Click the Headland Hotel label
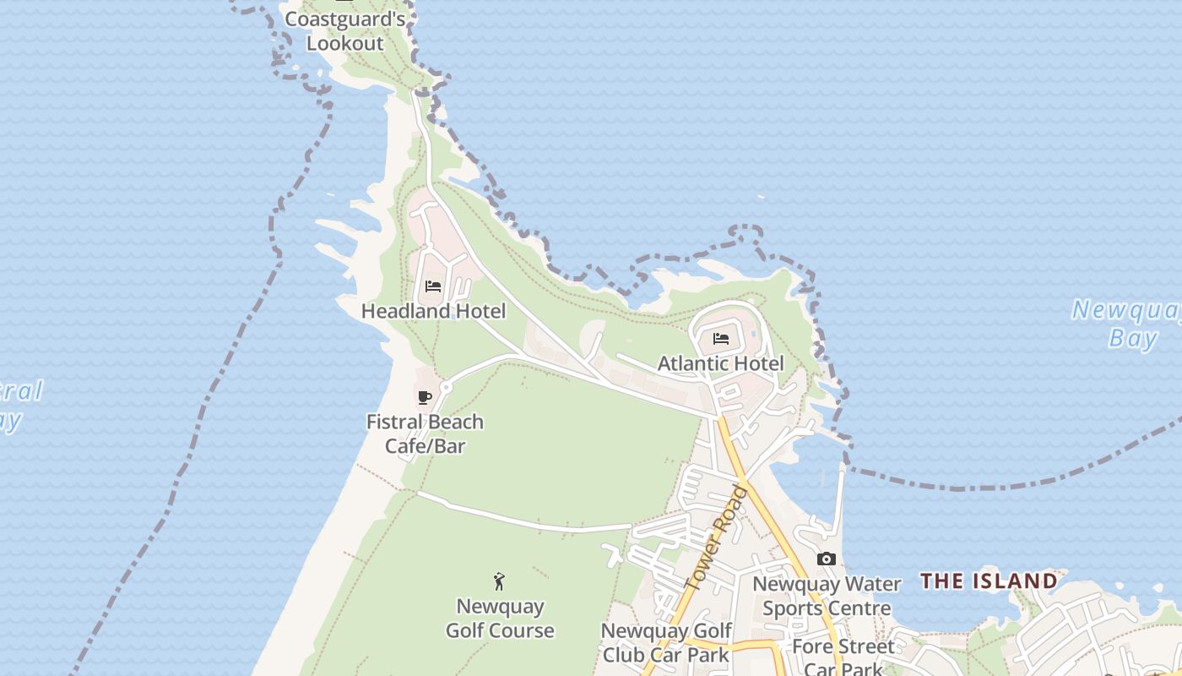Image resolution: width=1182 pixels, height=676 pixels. coord(433,311)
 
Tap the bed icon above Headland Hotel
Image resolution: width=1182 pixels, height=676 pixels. coord(433,286)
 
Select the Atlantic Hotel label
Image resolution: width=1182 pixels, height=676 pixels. coord(720,363)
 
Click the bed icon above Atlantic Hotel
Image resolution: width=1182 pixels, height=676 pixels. coord(721,339)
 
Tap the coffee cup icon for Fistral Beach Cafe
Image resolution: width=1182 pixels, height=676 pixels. coord(425,397)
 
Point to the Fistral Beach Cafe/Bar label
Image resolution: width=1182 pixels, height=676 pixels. coord(425,433)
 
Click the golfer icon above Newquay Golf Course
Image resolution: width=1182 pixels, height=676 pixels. coord(500,581)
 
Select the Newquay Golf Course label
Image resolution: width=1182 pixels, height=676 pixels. coord(500,619)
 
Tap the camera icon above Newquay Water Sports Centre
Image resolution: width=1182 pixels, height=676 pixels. coord(827,559)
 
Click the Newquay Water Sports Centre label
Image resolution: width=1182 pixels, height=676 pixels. coord(827,597)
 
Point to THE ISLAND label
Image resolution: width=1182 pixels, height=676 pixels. coord(989,581)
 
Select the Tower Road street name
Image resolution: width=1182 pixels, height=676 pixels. coord(718,538)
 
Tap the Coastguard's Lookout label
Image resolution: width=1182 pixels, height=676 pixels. coord(344,30)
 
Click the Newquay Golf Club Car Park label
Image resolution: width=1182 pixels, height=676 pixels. coord(666,643)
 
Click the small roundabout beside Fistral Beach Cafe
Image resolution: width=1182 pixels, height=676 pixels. coord(446,387)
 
